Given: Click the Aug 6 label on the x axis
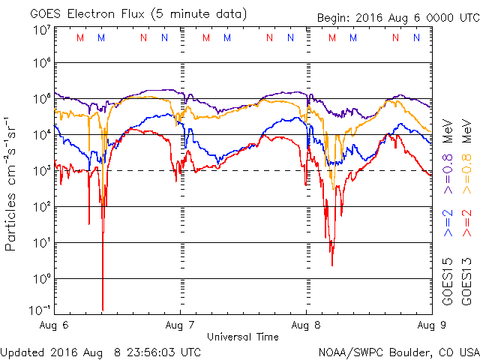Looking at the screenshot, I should coord(52,325).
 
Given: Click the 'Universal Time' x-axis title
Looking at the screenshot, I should coord(243,337).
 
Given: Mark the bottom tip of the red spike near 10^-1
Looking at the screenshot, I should coord(103,310).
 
